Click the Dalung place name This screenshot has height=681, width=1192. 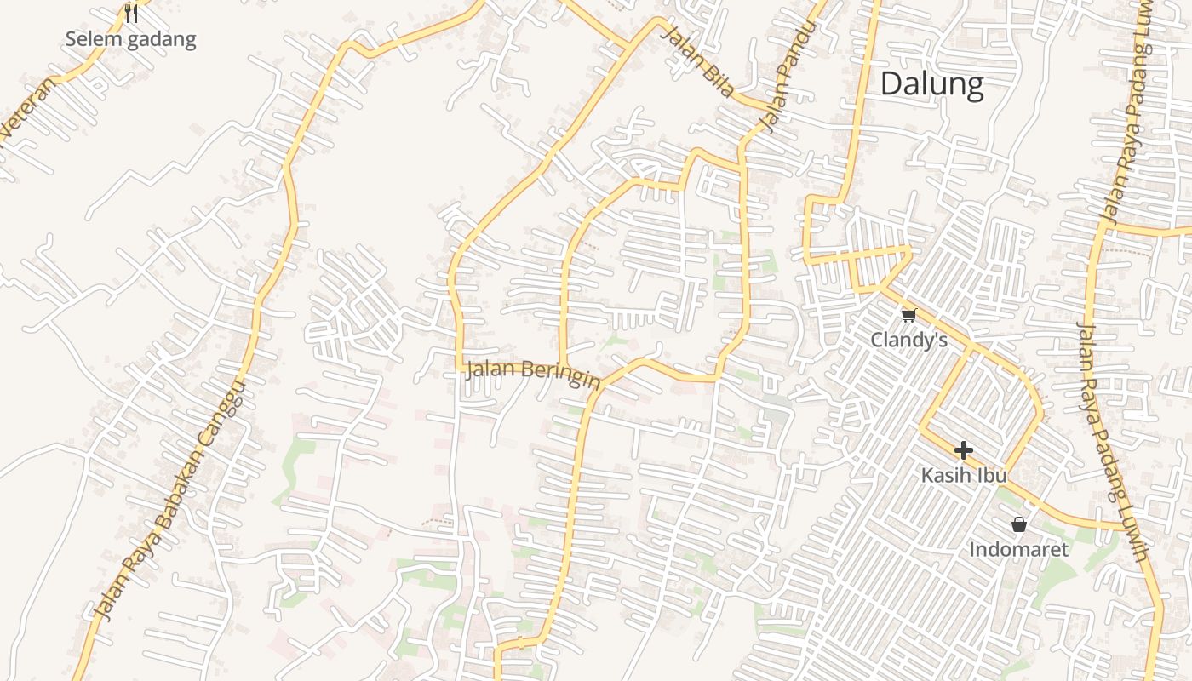click(x=931, y=84)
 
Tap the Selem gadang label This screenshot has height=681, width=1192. click(x=130, y=39)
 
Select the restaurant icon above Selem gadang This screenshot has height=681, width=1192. click(x=130, y=13)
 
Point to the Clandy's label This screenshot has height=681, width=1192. click(x=908, y=340)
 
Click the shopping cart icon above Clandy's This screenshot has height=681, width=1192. click(x=908, y=316)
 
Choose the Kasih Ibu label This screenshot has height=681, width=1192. click(x=964, y=475)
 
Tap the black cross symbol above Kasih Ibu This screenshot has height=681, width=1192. click(x=964, y=450)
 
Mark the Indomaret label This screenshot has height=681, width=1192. click(x=1018, y=549)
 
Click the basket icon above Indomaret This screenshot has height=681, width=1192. click(x=1018, y=524)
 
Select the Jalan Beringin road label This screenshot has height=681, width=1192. click(x=533, y=373)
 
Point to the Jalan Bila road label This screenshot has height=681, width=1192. click(x=698, y=62)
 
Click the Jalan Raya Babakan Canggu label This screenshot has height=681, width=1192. click(x=170, y=501)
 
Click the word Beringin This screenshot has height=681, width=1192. click(x=559, y=375)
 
